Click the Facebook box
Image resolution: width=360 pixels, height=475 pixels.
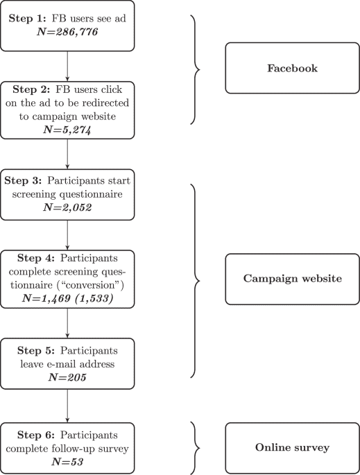tap(292, 69)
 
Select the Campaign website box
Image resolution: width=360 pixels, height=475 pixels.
tap(292, 279)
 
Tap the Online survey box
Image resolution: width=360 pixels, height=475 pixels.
tap(292, 447)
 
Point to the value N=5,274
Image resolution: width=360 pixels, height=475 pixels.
tap(67, 129)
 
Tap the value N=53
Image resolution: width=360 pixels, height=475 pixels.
tap(67, 462)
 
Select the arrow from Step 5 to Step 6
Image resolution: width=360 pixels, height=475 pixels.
tap(67, 406)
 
